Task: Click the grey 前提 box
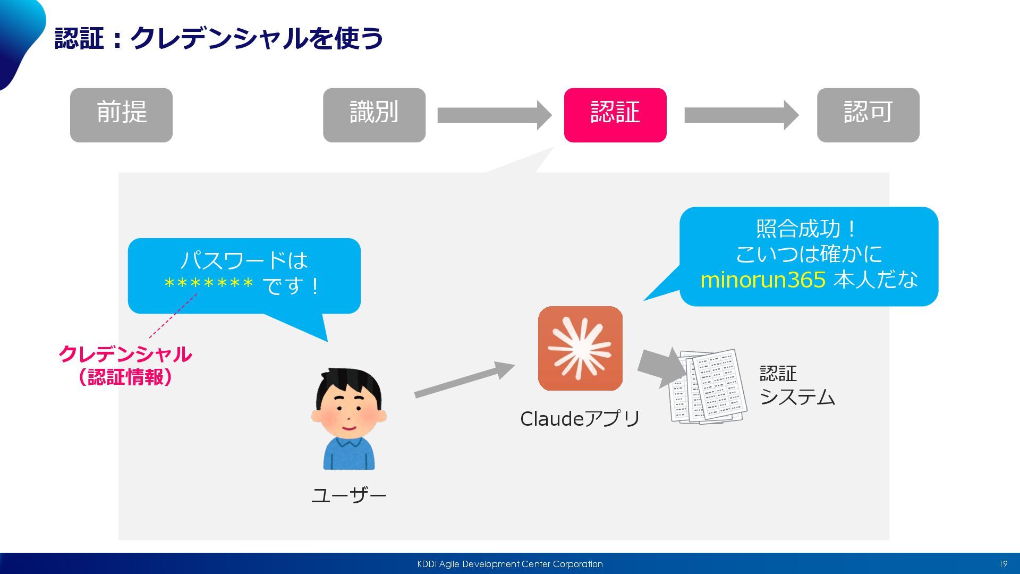tap(121, 115)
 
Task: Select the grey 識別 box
tap(374, 115)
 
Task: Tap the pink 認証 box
tap(615, 115)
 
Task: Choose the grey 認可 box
tap(868, 115)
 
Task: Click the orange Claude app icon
tap(580, 348)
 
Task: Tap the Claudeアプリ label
tap(580, 419)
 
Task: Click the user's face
tap(348, 409)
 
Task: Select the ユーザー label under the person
tap(348, 495)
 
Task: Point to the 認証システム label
tap(797, 385)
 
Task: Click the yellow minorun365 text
tap(763, 280)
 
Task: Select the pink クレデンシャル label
tap(125, 354)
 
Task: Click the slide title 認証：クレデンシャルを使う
tap(219, 38)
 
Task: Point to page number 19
tap(1003, 564)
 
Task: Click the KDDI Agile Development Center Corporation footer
tap(510, 564)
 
